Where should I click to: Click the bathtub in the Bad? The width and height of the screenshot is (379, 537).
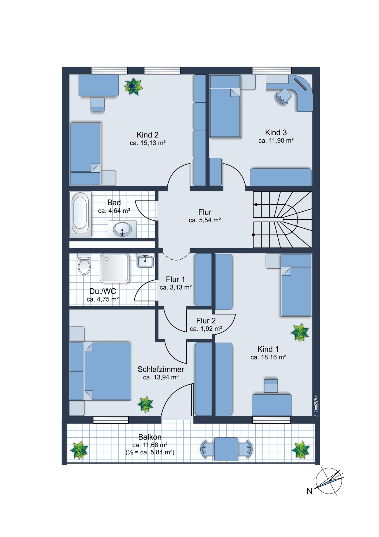(80, 215)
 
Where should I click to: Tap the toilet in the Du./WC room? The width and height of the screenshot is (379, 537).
(84, 264)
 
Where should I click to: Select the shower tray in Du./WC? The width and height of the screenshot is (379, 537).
(115, 268)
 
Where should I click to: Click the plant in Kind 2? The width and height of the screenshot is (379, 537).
(133, 86)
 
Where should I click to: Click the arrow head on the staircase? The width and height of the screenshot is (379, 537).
(255, 205)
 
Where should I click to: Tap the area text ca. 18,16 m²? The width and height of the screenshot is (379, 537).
(268, 357)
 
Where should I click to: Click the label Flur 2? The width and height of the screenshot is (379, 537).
(206, 321)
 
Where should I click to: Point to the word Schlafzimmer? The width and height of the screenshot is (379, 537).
(161, 369)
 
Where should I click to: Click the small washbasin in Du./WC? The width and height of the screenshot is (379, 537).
(145, 260)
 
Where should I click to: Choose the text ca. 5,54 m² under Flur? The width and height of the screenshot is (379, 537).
(205, 220)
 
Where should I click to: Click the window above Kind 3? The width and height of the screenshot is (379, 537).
(272, 71)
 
